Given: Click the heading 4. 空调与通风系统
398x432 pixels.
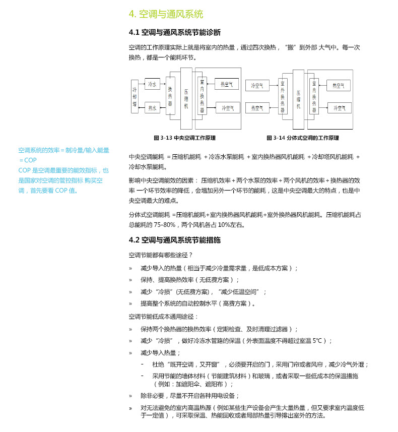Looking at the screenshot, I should click(x=166, y=14).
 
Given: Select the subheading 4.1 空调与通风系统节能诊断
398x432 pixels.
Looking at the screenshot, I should click(x=174, y=33).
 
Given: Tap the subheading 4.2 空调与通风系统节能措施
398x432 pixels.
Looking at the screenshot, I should click(x=174, y=240).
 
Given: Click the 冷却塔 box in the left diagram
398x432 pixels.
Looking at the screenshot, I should click(x=135, y=96).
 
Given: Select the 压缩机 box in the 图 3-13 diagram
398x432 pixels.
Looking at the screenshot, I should click(x=186, y=96).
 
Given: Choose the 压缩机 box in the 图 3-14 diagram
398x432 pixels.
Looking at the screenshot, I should click(x=298, y=96).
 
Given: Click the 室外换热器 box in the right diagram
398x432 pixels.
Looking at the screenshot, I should click(x=283, y=96).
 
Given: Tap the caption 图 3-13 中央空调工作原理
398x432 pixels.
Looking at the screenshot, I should click(x=184, y=138).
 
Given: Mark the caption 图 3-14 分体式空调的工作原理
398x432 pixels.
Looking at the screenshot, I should click(x=302, y=138).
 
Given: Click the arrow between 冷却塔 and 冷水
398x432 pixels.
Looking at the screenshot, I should click(x=142, y=84).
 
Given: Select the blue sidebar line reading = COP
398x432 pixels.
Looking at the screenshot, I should click(x=28, y=160).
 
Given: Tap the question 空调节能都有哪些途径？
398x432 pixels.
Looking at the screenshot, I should click(x=161, y=256).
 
